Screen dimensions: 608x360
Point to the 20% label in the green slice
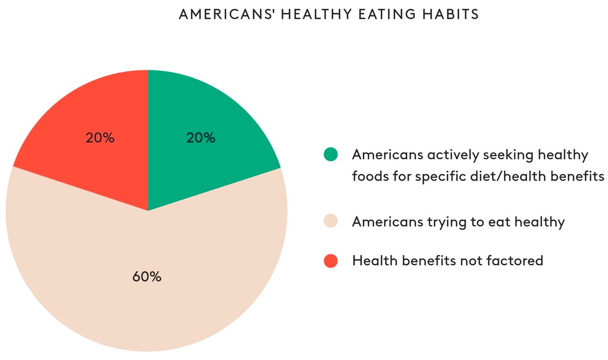point(201,138)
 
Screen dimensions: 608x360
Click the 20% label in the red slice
point(100,138)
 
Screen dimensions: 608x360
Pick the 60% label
point(147,277)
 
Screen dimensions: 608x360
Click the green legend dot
point(331,154)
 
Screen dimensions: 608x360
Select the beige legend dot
point(331,221)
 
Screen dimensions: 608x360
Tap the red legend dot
point(331,261)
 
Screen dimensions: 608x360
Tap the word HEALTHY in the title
point(317,14)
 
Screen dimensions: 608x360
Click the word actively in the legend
point(453,155)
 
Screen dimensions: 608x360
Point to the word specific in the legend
point(440,177)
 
